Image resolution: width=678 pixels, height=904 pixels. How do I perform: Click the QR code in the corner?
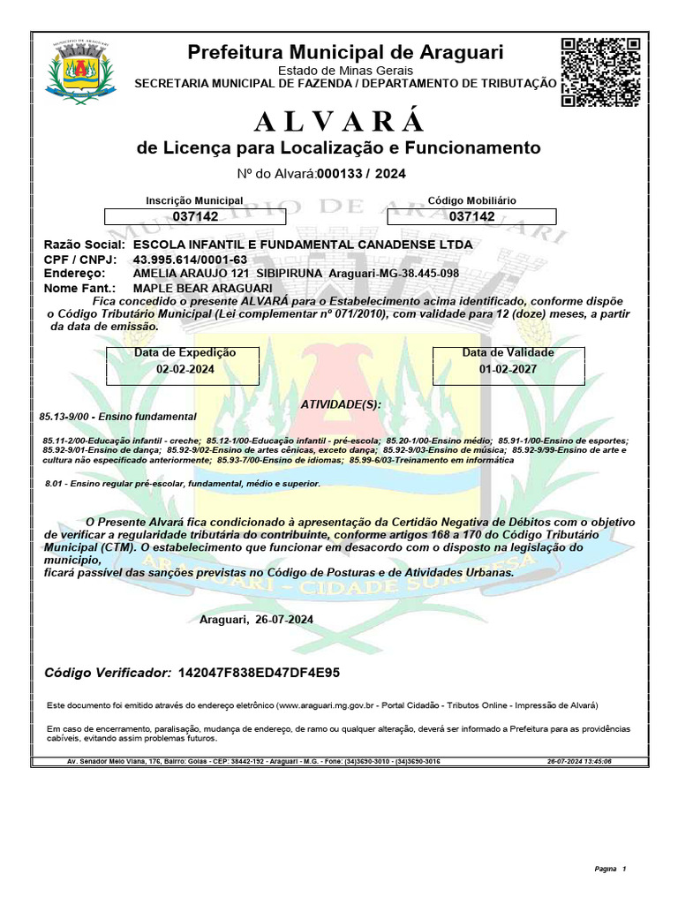coord(600,72)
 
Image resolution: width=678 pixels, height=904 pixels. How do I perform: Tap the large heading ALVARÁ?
coord(339,120)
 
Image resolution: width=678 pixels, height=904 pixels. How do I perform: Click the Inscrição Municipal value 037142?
coord(195,216)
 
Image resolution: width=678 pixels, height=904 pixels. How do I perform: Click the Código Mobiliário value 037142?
coord(472,216)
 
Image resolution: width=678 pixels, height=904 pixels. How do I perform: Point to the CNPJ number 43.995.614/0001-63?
coord(190,260)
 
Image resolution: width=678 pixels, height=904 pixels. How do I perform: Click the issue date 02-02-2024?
coord(184,370)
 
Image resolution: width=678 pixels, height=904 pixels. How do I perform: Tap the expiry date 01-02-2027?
coord(508,370)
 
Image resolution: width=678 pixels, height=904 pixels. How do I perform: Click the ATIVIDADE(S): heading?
coord(341,403)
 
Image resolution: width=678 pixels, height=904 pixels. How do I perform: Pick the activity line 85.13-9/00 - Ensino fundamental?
coord(118,416)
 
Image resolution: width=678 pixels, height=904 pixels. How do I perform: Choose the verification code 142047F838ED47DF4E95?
coord(259,674)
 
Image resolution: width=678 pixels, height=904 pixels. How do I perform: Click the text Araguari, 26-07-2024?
coord(256,620)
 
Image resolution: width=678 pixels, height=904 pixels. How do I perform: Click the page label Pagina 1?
coord(610,870)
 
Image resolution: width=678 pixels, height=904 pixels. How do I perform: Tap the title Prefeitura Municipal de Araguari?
coord(345,53)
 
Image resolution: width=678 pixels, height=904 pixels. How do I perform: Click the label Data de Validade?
coord(508,353)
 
